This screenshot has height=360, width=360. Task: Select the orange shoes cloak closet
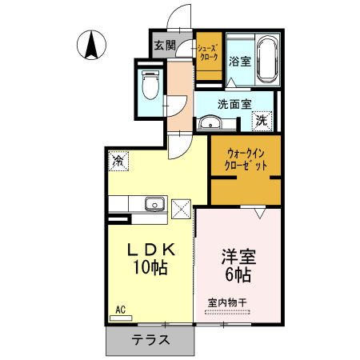pyautogui.click(x=208, y=55)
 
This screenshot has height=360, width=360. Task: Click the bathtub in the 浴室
pyautogui.click(x=267, y=58)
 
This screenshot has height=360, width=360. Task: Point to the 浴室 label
pyautogui.click(x=238, y=60)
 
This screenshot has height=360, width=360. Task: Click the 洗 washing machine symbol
pyautogui.click(x=261, y=122)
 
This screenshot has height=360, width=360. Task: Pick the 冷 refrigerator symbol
pyautogui.click(x=118, y=161)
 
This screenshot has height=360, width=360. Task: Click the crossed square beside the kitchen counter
pyautogui.click(x=180, y=210)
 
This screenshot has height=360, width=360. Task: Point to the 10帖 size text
pyautogui.click(x=150, y=269)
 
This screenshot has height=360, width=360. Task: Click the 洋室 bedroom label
pyautogui.click(x=238, y=258)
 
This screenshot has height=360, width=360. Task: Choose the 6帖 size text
pyautogui.click(x=238, y=276)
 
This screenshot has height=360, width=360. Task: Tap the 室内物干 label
pyautogui.click(x=228, y=302)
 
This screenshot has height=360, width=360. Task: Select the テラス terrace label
pyautogui.click(x=150, y=339)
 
